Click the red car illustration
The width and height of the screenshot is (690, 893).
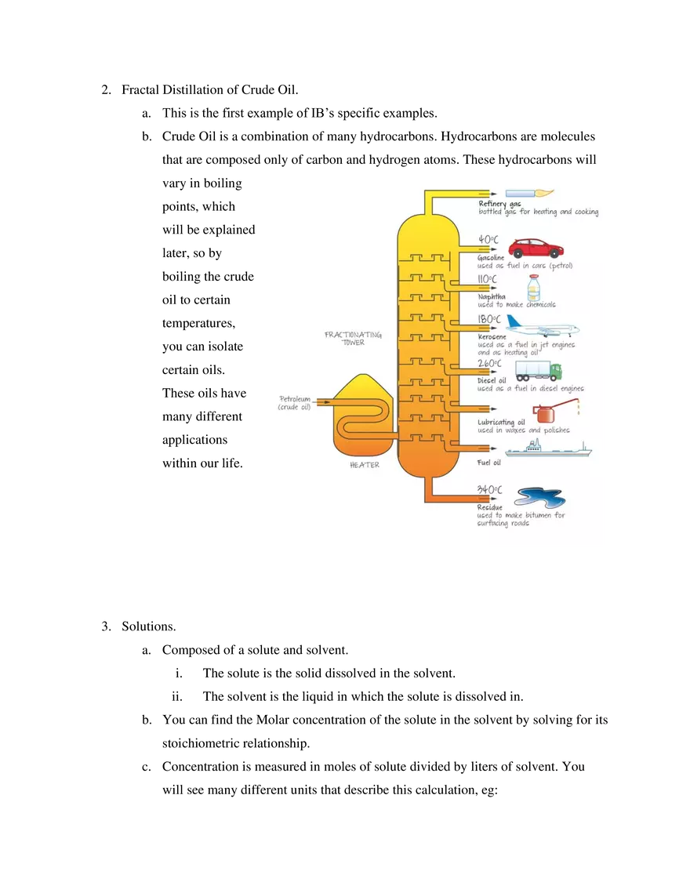point(536,249)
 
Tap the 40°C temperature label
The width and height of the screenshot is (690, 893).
point(488,240)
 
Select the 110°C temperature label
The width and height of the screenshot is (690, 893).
point(488,279)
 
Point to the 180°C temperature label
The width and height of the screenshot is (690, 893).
point(489,319)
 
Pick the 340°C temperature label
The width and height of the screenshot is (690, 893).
point(489,490)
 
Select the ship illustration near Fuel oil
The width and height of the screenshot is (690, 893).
point(547,449)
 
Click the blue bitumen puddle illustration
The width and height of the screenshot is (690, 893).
point(539,497)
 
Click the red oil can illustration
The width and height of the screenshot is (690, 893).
point(549,412)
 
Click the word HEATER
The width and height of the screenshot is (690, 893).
point(364,465)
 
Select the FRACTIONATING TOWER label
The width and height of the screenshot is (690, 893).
point(354,338)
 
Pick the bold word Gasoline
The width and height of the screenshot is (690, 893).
point(491,258)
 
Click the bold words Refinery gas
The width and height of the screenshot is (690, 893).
point(499,204)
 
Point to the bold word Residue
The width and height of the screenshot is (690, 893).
point(490,507)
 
